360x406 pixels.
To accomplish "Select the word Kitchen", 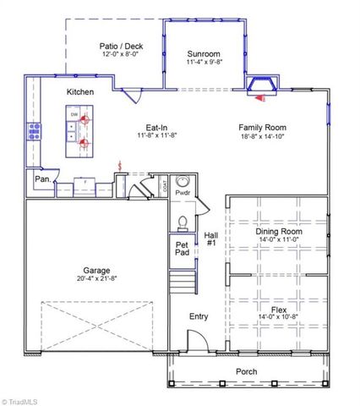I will (80, 91).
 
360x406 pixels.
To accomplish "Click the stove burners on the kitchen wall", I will (35, 130).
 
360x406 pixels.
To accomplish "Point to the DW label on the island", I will (74, 115).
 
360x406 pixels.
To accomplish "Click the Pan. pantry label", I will (41, 179).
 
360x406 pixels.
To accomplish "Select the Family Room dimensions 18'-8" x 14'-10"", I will (262, 135).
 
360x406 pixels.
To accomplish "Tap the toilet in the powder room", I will (183, 222).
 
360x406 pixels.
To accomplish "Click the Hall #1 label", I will (211, 239).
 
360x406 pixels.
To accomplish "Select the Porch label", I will (247, 371).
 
